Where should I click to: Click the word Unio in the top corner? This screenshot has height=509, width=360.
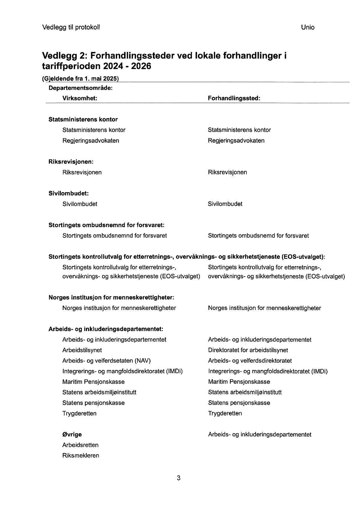308,27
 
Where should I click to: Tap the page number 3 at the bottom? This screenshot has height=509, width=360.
179,478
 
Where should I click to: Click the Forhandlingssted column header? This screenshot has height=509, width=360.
234,98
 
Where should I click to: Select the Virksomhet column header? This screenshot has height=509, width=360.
79,98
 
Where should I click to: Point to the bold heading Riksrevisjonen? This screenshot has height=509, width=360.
71,162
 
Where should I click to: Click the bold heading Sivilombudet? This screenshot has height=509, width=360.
68,193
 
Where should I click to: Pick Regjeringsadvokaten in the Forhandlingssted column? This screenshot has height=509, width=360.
236,140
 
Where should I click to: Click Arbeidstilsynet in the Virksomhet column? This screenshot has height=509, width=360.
82,350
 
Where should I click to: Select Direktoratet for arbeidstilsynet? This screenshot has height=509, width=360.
248,350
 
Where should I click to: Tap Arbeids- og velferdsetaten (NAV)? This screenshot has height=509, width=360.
106,360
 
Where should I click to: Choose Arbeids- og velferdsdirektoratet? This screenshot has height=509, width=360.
250,360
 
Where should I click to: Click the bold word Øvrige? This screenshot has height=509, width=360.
72,434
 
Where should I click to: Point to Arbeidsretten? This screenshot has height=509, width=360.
80,445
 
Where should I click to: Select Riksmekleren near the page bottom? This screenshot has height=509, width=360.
81,455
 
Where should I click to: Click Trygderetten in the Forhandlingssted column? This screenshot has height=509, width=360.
225,413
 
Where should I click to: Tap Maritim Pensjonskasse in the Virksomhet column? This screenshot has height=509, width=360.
93,382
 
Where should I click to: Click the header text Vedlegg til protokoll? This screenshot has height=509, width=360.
71,27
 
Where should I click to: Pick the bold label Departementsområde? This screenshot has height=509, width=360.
80,88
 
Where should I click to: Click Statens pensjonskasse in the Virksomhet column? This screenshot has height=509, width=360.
93,403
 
